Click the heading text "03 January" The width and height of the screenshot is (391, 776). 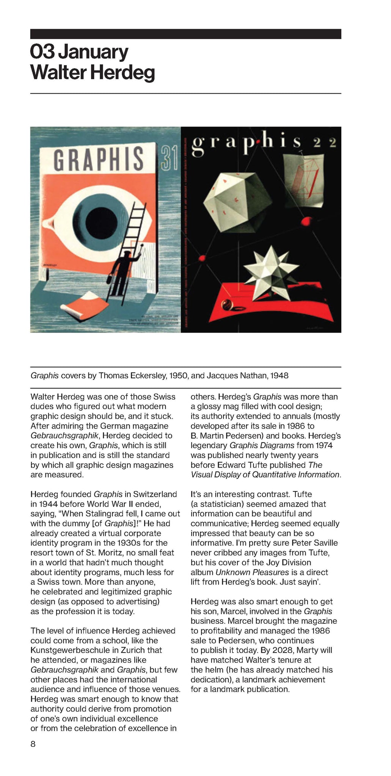click(79, 52)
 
